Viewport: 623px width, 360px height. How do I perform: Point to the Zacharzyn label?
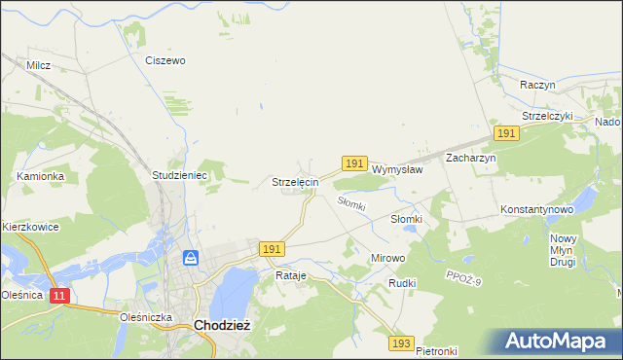[x=471, y=158]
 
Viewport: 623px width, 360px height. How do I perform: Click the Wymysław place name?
[x=397, y=168]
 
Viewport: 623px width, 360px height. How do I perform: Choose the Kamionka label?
[x=40, y=176]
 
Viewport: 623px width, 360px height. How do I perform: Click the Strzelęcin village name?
[x=295, y=182]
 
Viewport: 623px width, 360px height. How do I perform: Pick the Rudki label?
[x=402, y=283]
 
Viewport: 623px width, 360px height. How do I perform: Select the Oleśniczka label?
[x=145, y=316]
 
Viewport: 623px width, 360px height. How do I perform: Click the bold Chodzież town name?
[x=223, y=326]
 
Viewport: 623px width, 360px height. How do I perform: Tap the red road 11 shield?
[x=60, y=295]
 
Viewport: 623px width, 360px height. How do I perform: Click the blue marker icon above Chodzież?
[x=192, y=258]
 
